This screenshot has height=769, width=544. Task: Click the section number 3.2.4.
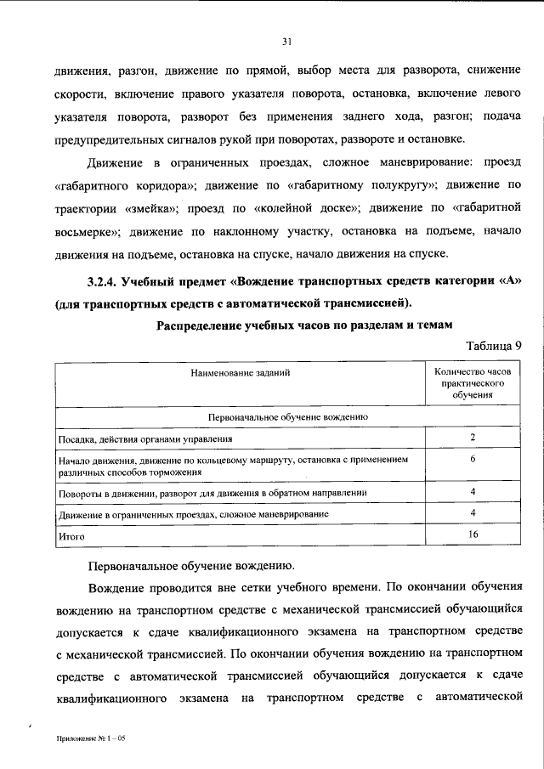pos(103,283)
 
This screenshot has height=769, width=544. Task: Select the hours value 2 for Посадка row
pos(472,437)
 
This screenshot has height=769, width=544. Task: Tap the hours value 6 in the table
pos(472,459)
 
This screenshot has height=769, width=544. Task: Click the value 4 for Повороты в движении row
pos(472,491)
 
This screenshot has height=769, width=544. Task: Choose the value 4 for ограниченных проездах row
pos(472,513)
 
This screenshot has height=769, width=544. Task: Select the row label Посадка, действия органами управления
pos(145,438)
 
